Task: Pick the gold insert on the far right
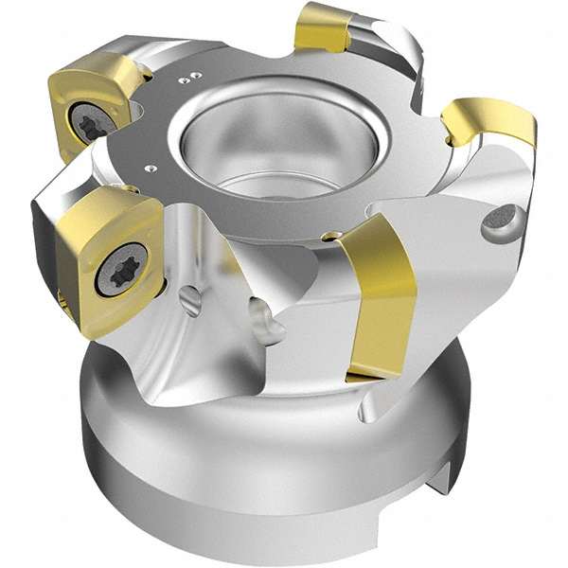click(x=488, y=122)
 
